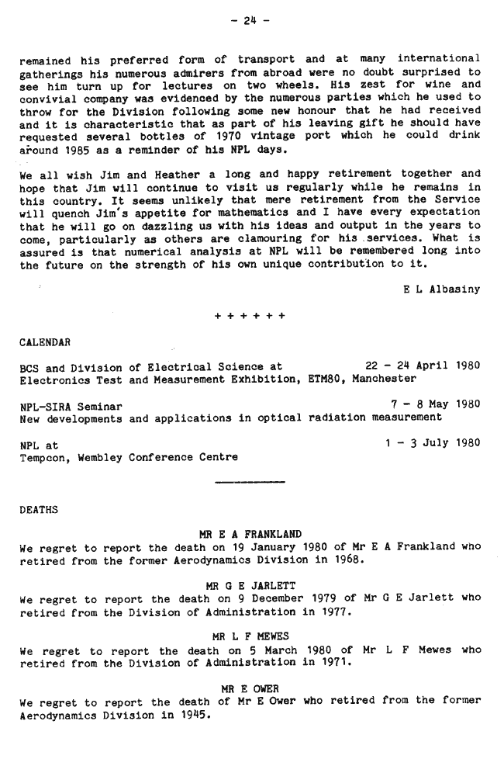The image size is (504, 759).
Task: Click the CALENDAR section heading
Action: [45, 341]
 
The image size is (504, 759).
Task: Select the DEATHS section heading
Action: [39, 510]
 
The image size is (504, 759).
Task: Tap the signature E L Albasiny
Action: [441, 289]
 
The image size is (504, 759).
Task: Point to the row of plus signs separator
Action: [250, 316]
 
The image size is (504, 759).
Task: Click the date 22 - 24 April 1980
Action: [422, 366]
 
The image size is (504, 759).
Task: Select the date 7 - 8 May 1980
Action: [436, 404]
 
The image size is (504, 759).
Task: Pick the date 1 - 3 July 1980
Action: [432, 443]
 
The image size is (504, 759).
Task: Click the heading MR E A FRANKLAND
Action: [250, 534]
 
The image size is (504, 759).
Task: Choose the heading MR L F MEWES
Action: [250, 636]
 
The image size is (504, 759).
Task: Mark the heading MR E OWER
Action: [250, 688]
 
